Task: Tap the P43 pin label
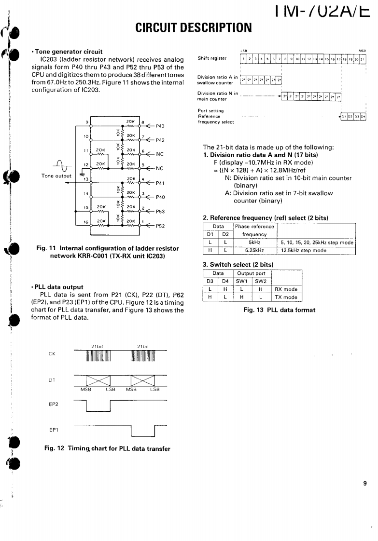tap(161, 126)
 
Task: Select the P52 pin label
tap(161, 226)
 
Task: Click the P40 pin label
tap(161, 197)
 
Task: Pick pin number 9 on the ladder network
tap(87, 122)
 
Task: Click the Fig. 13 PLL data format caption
tap(280, 310)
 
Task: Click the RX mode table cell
tap(286, 290)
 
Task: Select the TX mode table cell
tap(286, 297)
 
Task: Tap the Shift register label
tap(212, 58)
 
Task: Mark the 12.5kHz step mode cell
tap(304, 250)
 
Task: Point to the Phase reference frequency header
tap(254, 230)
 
